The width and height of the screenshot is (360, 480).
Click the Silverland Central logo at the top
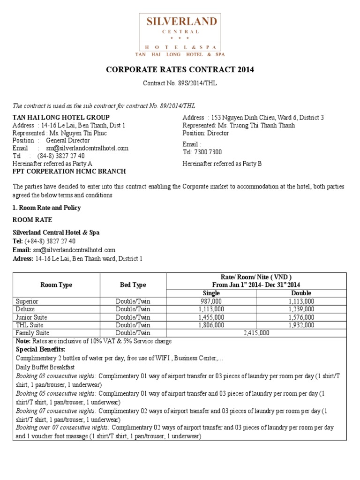(182, 35)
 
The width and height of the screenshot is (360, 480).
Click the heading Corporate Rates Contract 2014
(180, 70)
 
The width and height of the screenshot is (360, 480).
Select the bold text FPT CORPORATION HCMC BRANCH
(69, 171)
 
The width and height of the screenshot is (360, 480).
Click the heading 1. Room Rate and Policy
(46, 208)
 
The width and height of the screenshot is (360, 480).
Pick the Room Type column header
(56, 285)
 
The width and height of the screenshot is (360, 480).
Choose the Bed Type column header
(133, 285)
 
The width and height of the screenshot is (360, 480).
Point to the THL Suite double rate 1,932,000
(302, 325)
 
